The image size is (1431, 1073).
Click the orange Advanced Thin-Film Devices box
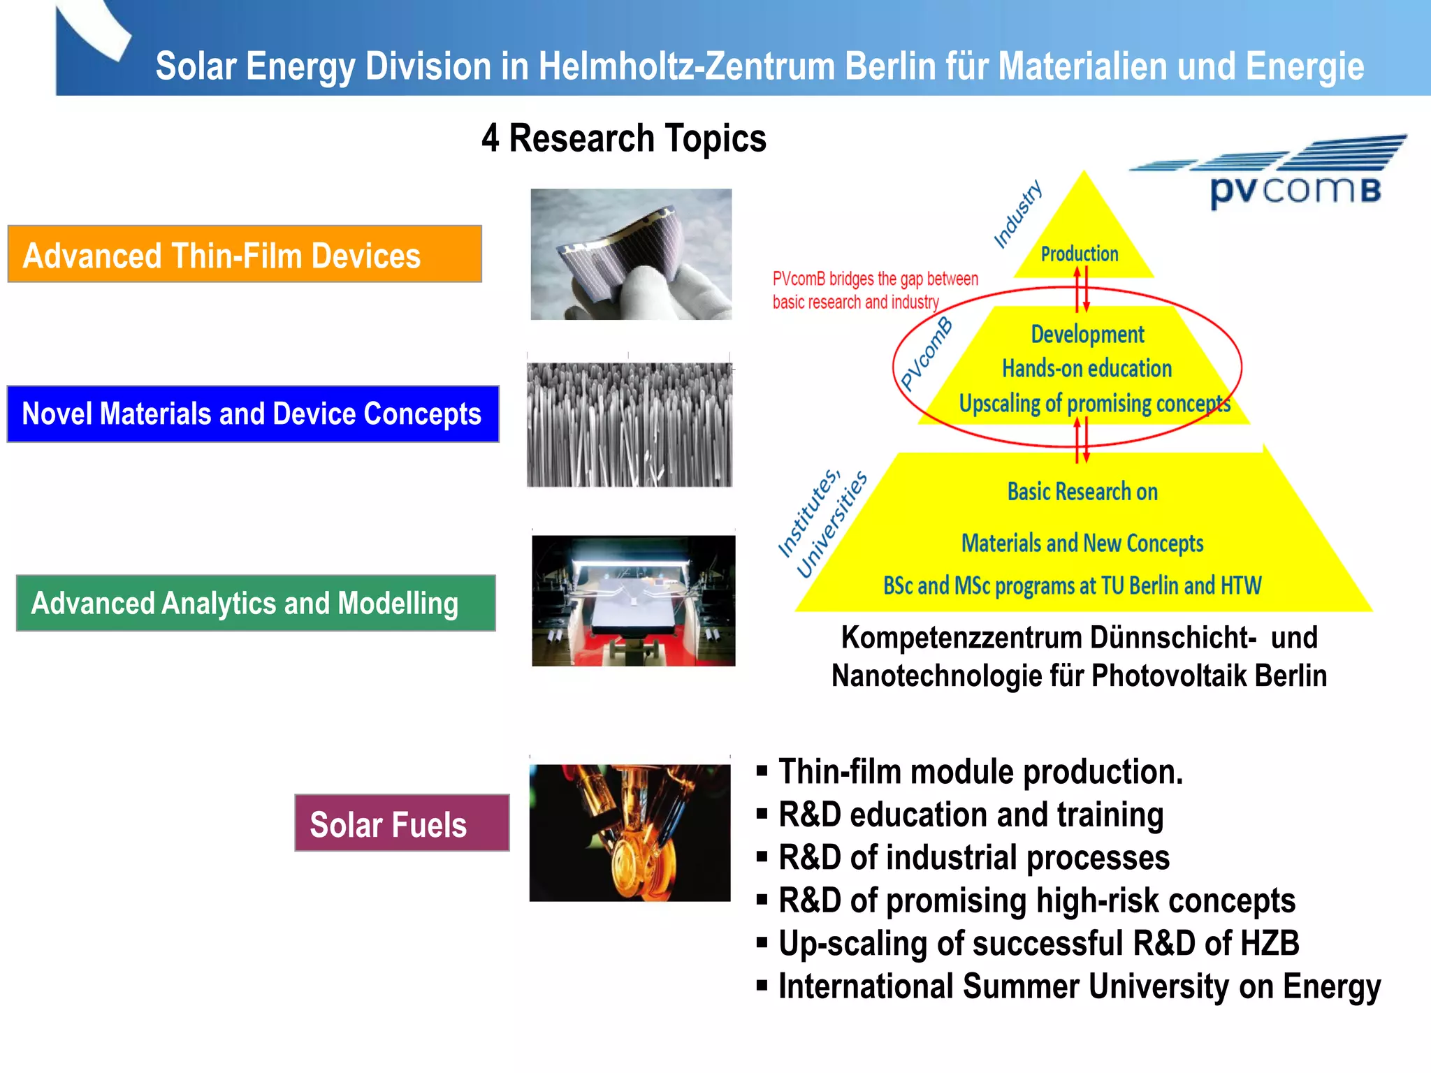tap(245, 254)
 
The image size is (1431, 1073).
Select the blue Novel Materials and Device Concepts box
tap(253, 414)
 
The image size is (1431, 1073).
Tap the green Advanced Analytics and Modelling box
tap(256, 603)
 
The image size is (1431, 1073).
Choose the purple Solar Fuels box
tap(402, 823)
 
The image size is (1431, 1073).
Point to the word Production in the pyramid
tap(1080, 254)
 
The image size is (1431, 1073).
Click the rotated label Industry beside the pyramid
tap(1018, 214)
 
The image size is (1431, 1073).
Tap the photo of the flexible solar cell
tap(631, 254)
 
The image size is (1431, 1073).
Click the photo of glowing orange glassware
tap(630, 832)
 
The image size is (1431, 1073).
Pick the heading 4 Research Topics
tap(624, 138)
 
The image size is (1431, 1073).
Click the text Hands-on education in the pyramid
tap(1087, 368)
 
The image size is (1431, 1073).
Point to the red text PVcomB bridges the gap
tap(875, 290)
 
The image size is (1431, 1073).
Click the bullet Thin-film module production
tap(980, 772)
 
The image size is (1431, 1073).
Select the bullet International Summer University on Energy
tap(1079, 986)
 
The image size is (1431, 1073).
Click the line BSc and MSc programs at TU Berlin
tap(1072, 585)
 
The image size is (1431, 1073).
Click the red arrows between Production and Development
tap(1082, 291)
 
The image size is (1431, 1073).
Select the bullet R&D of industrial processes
tap(974, 858)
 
